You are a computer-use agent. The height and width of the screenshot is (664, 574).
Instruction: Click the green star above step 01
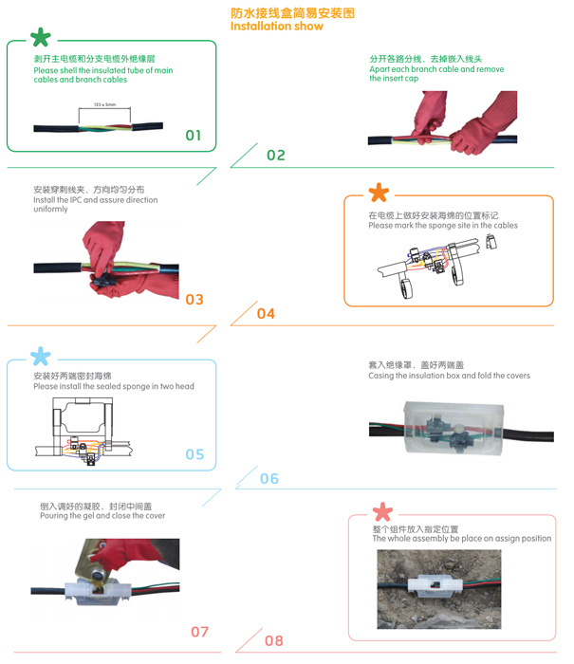click(41, 37)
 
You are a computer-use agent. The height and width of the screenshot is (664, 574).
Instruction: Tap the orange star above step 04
click(379, 193)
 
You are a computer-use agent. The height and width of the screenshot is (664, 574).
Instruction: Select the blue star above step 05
click(41, 356)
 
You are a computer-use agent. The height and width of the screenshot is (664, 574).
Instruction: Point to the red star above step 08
click(383, 511)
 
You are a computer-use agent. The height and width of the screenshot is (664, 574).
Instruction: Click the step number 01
click(194, 136)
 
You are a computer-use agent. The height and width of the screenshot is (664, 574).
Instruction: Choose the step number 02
click(276, 156)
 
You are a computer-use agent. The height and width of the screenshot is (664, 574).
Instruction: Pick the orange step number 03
click(194, 300)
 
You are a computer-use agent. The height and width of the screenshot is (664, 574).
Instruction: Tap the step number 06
click(269, 479)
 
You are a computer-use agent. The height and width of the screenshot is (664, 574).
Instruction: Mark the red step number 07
click(199, 633)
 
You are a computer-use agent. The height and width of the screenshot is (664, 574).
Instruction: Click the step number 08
click(274, 641)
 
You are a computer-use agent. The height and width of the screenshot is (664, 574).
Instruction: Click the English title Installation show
click(277, 27)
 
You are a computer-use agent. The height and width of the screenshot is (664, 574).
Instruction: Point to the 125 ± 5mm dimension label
click(104, 104)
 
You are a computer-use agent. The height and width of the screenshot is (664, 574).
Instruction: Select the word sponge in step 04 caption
click(428, 226)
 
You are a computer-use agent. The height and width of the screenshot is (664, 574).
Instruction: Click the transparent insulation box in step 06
click(454, 428)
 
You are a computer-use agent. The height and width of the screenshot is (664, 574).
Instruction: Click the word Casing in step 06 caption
click(380, 376)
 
